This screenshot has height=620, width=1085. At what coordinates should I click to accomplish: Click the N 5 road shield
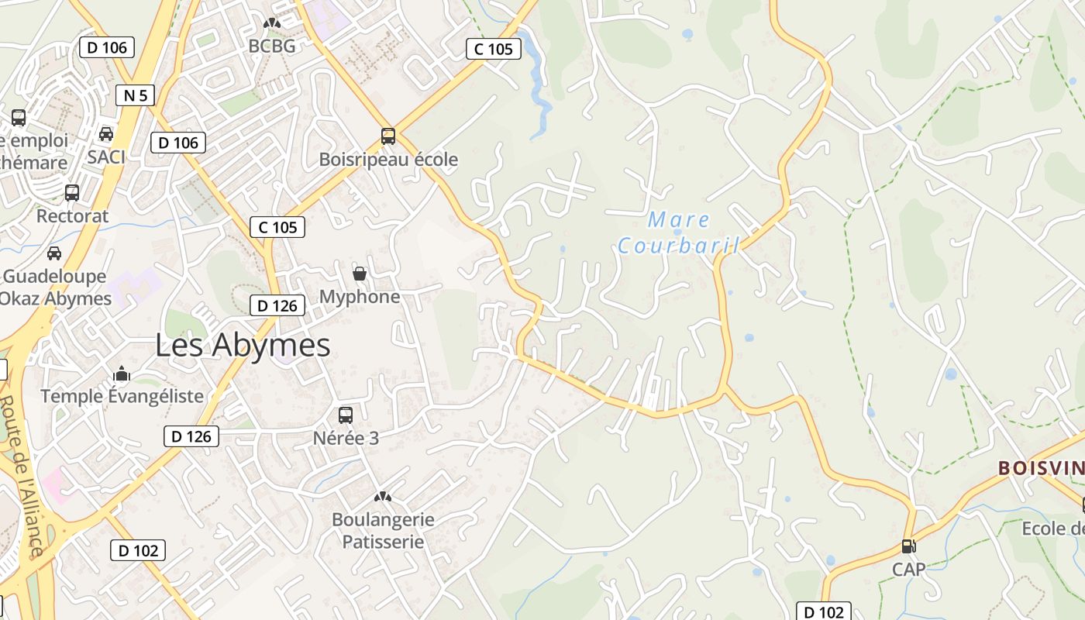tap(135, 95)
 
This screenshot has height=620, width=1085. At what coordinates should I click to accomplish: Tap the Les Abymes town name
tap(243, 345)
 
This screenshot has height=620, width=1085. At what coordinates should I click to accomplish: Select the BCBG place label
tap(271, 46)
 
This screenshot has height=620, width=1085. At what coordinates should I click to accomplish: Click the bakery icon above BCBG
tap(271, 24)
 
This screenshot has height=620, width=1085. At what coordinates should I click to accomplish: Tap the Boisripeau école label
tap(388, 160)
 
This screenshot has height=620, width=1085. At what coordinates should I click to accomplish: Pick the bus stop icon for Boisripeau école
tap(388, 136)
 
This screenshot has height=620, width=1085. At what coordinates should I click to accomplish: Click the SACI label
tap(106, 157)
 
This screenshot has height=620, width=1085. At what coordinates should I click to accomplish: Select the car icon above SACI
tap(106, 134)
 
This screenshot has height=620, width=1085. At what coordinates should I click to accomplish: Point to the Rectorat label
tap(73, 216)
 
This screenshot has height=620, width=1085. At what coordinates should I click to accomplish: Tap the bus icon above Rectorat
tap(72, 192)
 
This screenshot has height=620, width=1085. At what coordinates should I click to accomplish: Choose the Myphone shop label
tap(360, 297)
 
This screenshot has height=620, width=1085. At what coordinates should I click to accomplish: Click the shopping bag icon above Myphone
tap(360, 274)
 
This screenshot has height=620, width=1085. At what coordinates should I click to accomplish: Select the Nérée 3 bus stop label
tap(346, 438)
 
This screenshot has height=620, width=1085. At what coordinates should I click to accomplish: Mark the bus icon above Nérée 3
tap(346, 415)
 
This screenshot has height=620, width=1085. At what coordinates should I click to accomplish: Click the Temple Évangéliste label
tap(122, 396)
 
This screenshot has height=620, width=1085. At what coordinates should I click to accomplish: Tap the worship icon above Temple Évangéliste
tap(121, 374)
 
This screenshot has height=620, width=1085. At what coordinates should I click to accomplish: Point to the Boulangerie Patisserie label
tap(383, 530)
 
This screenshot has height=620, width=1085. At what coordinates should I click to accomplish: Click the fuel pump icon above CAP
tap(908, 546)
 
